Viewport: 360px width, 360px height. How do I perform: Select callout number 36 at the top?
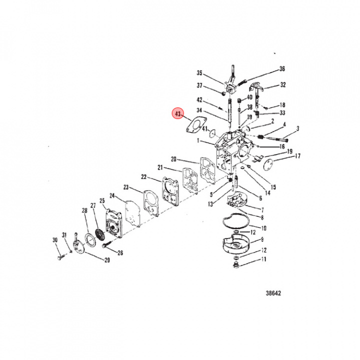281,69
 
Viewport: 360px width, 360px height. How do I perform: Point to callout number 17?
297,156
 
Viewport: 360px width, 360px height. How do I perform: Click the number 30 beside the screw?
55,240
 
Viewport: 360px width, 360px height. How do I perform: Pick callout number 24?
112,195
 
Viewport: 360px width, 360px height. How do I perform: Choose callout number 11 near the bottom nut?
263,259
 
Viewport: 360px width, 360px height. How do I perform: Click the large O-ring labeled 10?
236,222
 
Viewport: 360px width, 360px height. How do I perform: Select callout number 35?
199,72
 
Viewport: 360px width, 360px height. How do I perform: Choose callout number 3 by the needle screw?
297,129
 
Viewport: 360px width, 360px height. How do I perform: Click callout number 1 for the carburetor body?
198,141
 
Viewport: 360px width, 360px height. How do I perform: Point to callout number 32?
283,84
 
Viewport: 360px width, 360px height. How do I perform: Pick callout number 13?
210,203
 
